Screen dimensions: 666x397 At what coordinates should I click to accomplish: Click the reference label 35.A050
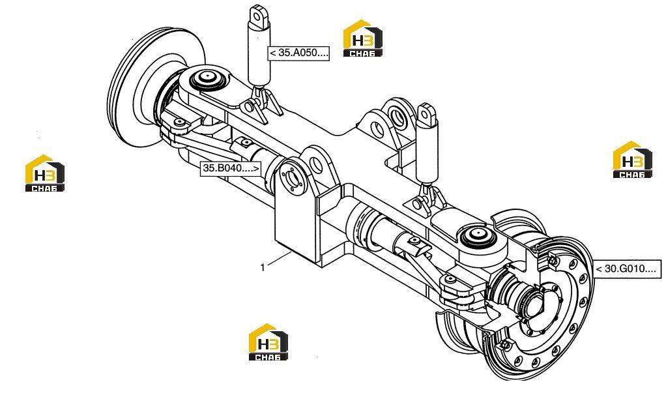click(x=298, y=53)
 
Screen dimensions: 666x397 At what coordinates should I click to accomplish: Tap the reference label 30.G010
click(x=628, y=269)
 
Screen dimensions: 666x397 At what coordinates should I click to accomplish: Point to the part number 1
click(x=263, y=267)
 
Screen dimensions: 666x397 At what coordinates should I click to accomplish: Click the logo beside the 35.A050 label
click(x=363, y=38)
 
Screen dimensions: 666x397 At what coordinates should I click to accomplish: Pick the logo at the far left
click(x=44, y=173)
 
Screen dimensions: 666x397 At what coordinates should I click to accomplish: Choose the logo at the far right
click(x=632, y=160)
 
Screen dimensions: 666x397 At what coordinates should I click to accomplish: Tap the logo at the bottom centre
click(x=268, y=342)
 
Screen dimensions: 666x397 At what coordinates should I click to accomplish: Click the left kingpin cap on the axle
click(x=207, y=78)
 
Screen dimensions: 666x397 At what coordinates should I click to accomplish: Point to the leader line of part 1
click(x=279, y=259)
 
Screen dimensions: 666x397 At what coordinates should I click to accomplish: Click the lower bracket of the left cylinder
click(x=259, y=104)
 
